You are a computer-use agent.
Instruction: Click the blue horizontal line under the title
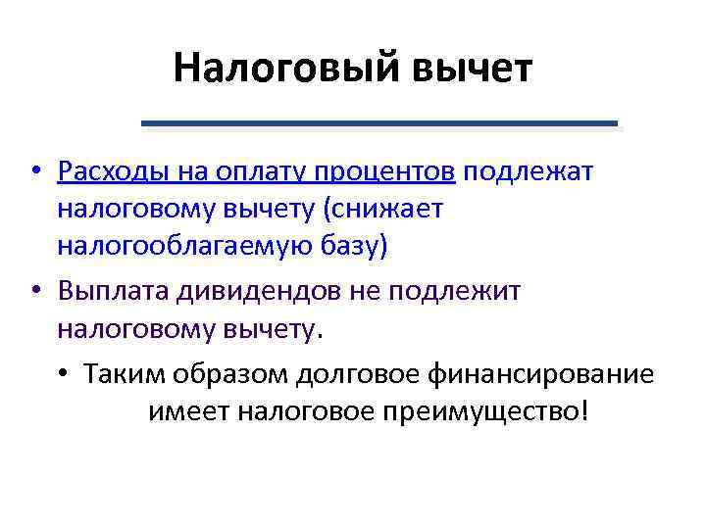pyautogui.click(x=379, y=123)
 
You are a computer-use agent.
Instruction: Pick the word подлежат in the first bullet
pyautogui.click(x=529, y=173)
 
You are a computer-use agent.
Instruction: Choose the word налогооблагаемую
pyautogui.click(x=187, y=245)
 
